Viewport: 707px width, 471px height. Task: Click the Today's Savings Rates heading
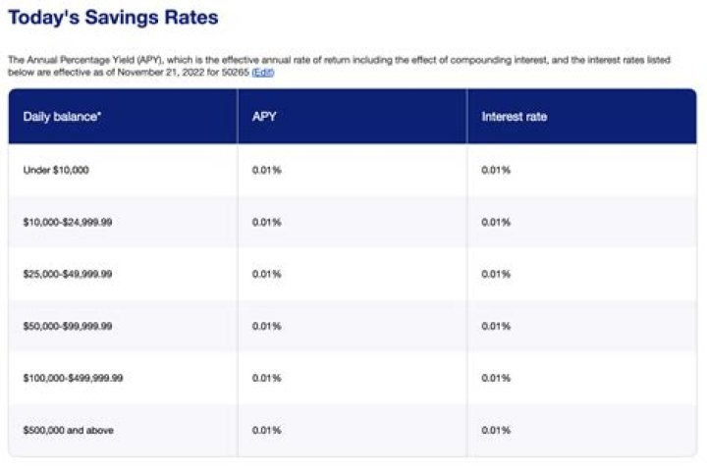tap(113, 18)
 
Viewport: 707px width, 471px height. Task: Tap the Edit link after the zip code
tap(263, 73)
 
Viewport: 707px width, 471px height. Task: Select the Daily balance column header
tap(63, 117)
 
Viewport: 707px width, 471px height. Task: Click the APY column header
tap(262, 117)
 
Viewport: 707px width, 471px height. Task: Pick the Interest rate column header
tap(514, 117)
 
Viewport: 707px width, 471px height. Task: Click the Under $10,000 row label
tap(56, 171)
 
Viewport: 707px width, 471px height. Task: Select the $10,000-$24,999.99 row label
tap(68, 223)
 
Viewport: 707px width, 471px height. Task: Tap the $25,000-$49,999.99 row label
tap(68, 274)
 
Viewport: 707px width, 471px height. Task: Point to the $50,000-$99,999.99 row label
tap(68, 326)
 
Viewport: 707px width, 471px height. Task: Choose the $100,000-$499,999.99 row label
tap(73, 378)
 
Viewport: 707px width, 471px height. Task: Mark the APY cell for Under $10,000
tap(267, 171)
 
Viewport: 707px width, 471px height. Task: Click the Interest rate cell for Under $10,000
tap(496, 171)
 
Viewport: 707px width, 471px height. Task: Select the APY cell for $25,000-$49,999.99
tap(267, 274)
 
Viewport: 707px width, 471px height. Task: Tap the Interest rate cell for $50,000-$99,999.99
tap(496, 326)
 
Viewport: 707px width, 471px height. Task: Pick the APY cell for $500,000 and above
tap(267, 430)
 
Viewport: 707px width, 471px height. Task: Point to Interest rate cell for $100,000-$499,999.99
tap(496, 378)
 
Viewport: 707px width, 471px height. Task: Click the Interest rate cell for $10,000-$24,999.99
tap(496, 223)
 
